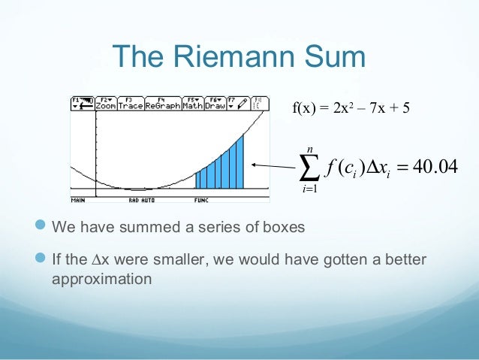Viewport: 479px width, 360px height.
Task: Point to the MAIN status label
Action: tap(78, 201)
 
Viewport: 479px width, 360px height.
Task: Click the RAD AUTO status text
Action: tap(143, 201)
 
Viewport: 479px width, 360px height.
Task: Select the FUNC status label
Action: tap(201, 201)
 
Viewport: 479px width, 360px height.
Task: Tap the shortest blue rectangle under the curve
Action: tap(199, 180)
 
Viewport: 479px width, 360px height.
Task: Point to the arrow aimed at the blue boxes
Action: tap(275, 165)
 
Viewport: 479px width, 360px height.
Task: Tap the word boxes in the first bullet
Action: tap(286, 226)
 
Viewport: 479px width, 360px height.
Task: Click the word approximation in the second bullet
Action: tap(102, 277)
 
